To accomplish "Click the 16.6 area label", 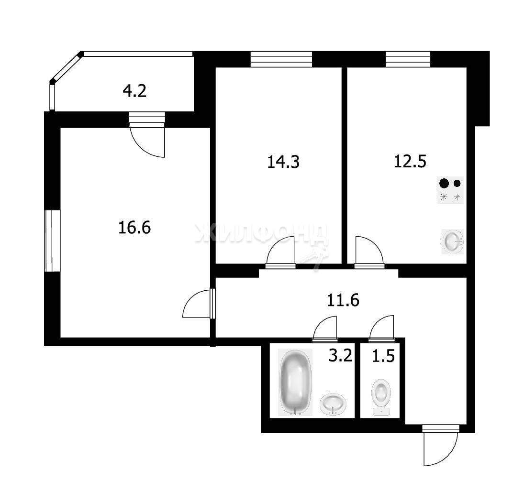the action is pyautogui.click(x=134, y=228).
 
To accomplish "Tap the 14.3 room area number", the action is pyautogui.click(x=283, y=162).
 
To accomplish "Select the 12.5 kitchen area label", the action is pyautogui.click(x=410, y=161).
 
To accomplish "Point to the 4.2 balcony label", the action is pyautogui.click(x=134, y=91).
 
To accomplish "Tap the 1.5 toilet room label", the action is pyautogui.click(x=383, y=356).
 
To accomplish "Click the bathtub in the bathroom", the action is pyautogui.click(x=295, y=382).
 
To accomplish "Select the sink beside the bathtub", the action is pyautogui.click(x=333, y=404).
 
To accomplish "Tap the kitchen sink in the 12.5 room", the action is pyautogui.click(x=453, y=241).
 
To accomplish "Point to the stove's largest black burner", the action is pyautogui.click(x=444, y=183).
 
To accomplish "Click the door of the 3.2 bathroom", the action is pyautogui.click(x=325, y=329).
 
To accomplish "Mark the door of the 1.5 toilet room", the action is pyautogui.click(x=382, y=329).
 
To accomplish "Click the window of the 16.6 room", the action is pyautogui.click(x=49, y=241).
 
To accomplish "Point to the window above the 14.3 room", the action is pyautogui.click(x=281, y=59).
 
